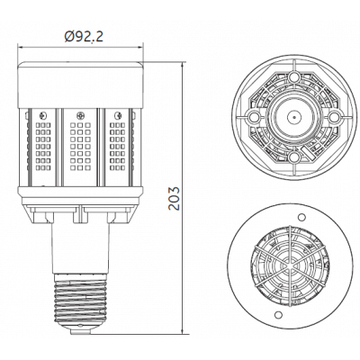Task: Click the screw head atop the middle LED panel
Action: tap(82, 114)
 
